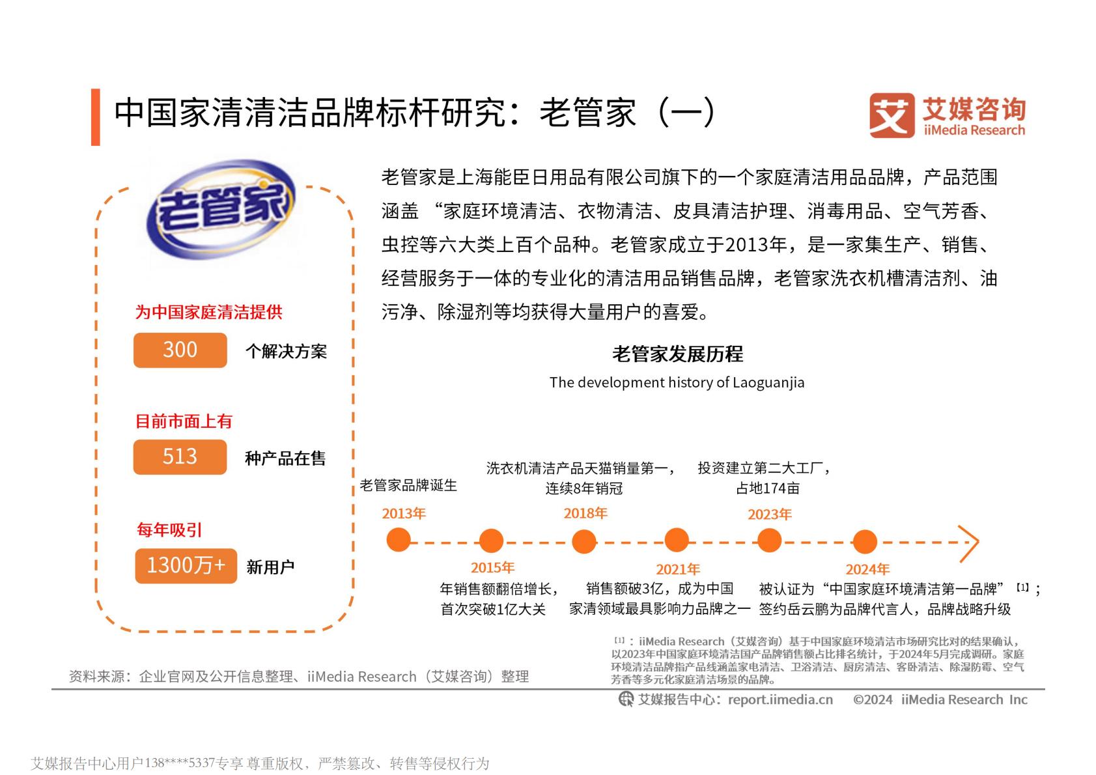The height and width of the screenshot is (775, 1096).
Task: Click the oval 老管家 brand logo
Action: coord(219,210)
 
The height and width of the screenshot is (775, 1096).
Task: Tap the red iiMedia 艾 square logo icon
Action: coord(892,115)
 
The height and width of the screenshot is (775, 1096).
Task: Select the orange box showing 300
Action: coord(180,350)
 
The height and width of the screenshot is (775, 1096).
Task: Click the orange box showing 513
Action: coord(180,457)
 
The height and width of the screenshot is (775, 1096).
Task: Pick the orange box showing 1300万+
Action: coord(186,565)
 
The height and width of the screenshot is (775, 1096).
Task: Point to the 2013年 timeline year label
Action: coord(404,513)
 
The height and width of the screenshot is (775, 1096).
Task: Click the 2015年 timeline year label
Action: coord(492,567)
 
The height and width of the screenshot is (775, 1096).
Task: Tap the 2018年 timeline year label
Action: coord(585,513)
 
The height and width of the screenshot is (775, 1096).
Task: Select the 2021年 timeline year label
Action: coord(678,569)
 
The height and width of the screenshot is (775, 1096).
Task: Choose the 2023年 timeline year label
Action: coord(769,514)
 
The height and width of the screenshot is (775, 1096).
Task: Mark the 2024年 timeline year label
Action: coord(867,569)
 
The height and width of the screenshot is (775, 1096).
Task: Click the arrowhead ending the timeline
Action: coord(970,542)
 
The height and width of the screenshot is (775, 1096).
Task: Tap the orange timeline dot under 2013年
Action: coord(399,540)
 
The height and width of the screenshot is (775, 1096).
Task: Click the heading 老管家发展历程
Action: coord(677,354)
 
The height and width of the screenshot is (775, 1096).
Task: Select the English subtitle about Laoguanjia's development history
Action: coord(677,382)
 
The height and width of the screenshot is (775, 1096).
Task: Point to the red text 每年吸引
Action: coord(169,529)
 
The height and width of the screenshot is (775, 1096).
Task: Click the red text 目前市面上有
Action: coord(184,421)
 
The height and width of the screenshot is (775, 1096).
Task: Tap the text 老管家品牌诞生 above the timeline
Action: coord(408,485)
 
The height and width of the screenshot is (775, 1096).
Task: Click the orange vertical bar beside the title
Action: coord(96,117)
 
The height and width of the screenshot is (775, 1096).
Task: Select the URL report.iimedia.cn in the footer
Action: coord(780,699)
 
